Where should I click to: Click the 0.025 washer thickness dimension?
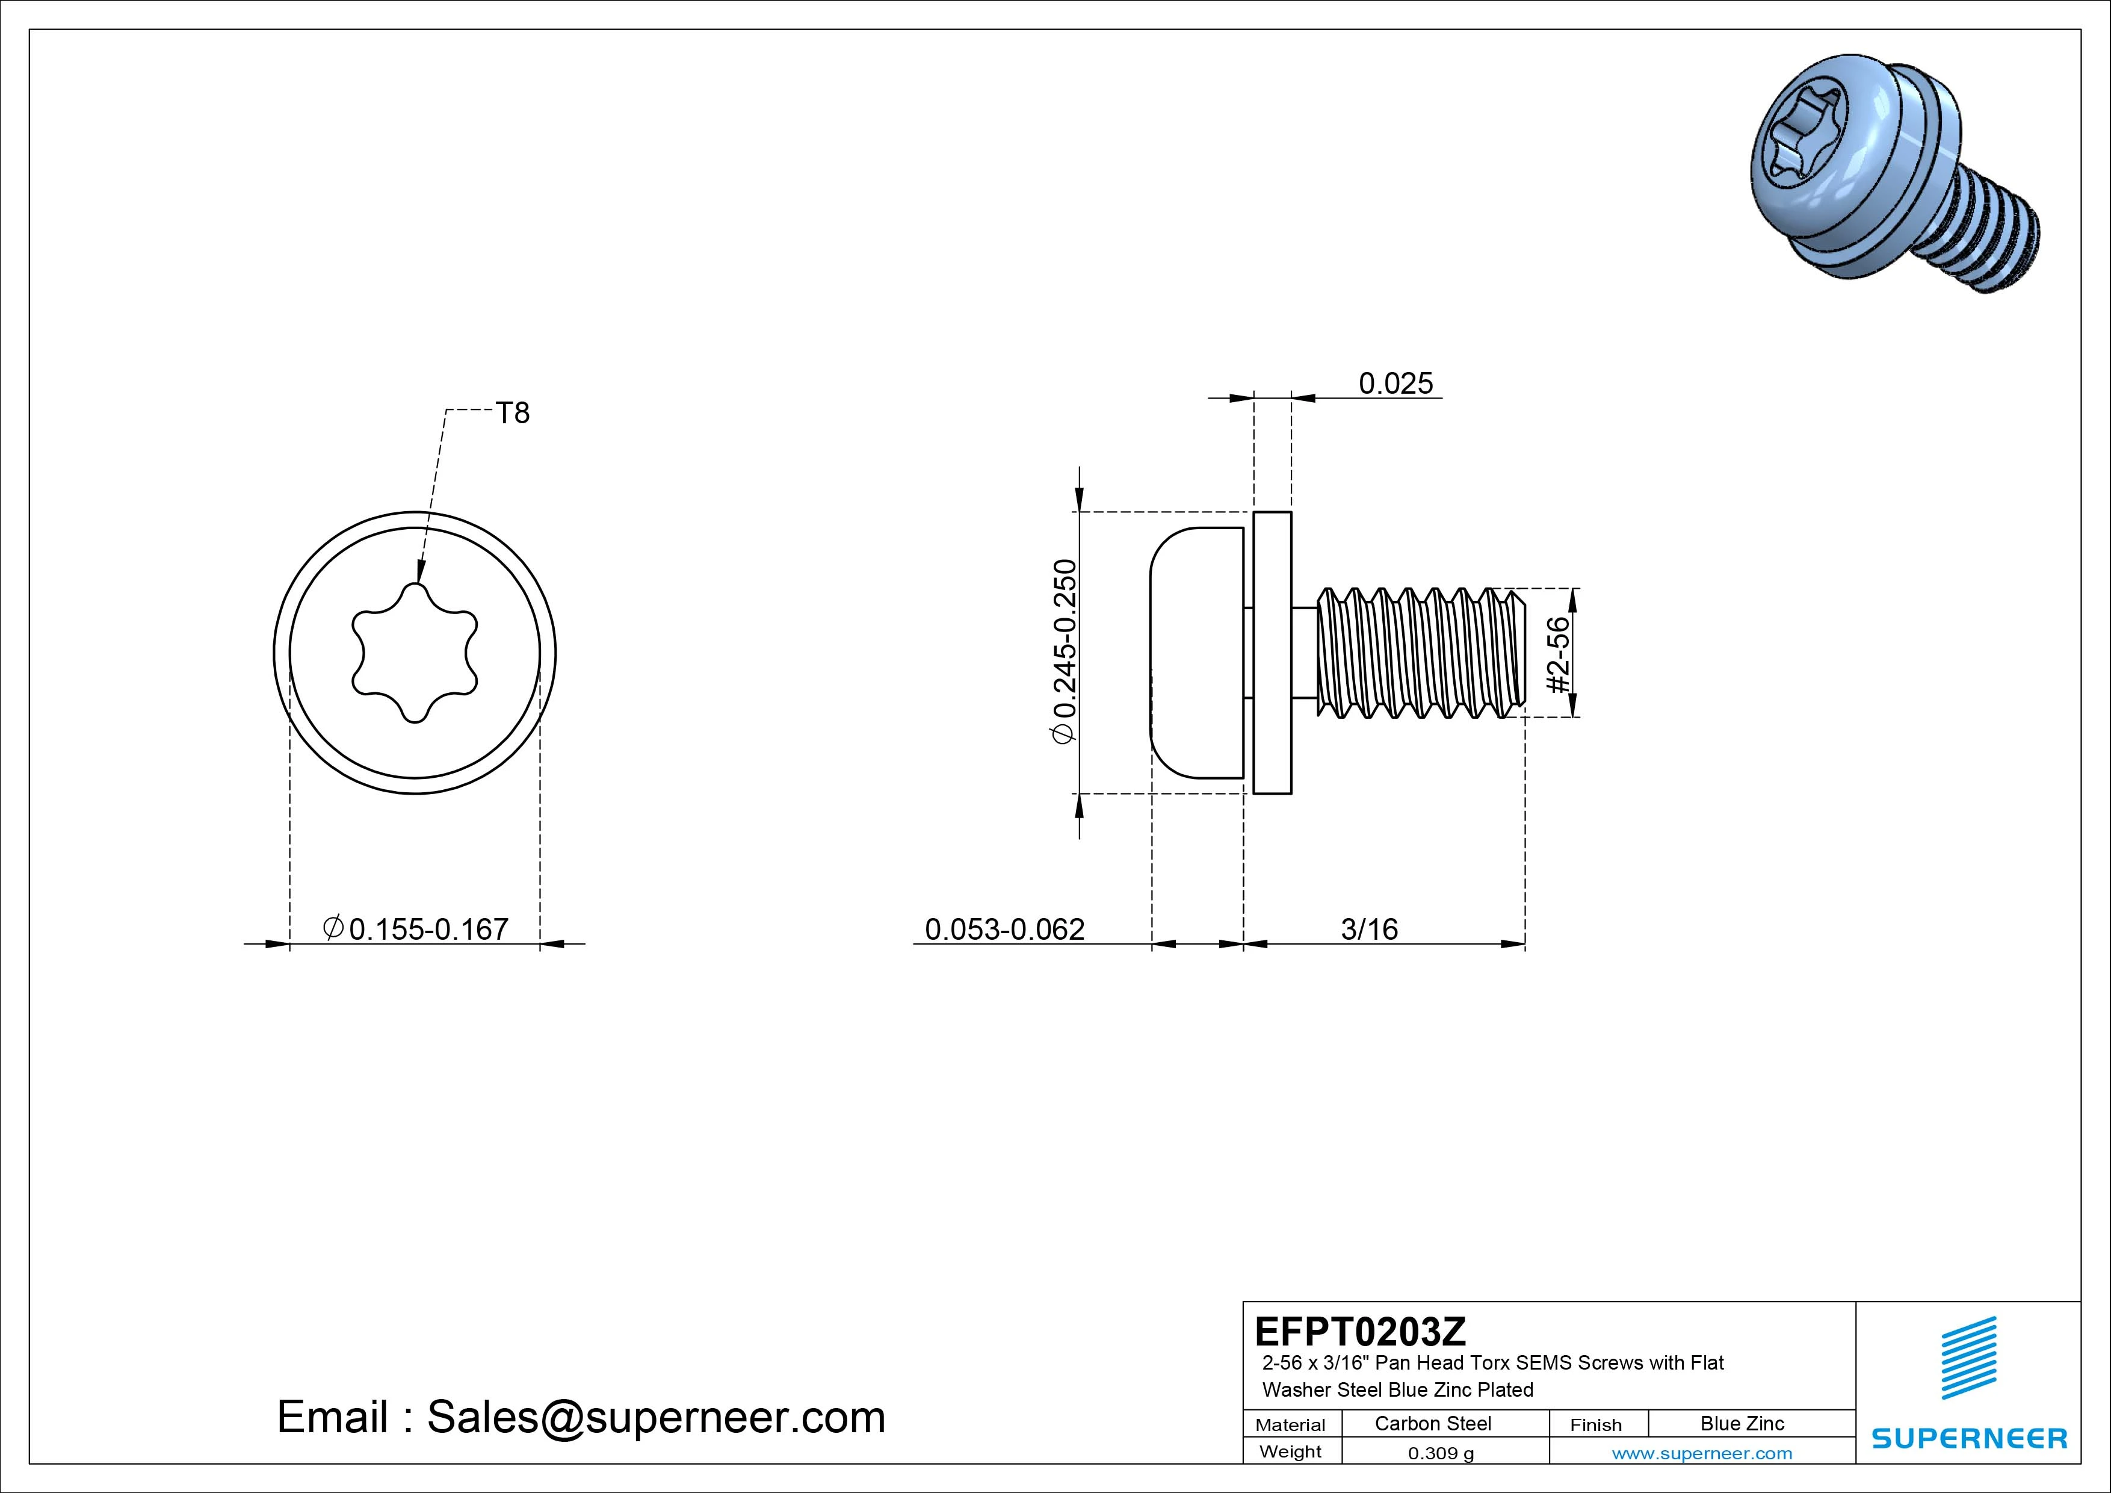1395,383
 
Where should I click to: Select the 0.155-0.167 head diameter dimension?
416,928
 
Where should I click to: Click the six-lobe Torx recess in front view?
415,653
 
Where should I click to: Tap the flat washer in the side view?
1273,653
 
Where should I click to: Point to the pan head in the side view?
1195,653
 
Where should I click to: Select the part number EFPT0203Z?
1360,1331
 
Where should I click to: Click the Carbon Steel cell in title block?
1432,1423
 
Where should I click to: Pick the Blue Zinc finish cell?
1742,1423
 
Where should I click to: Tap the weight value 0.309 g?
1441,1453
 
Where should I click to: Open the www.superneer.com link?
1702,1453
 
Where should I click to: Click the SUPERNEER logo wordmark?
1970,1438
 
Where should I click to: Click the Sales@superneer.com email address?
655,1418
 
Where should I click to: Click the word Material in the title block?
1290,1425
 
